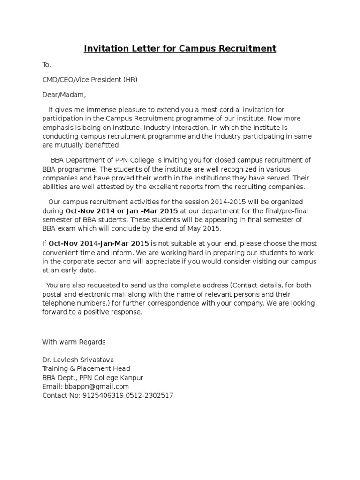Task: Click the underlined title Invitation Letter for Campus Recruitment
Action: click(180, 48)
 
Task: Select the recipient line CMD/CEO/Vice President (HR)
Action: click(90, 80)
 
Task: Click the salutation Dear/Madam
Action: click(64, 95)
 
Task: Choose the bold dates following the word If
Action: click(99, 244)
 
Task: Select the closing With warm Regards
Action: click(74, 342)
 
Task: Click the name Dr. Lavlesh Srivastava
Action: click(78, 360)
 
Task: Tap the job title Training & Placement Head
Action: click(86, 368)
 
